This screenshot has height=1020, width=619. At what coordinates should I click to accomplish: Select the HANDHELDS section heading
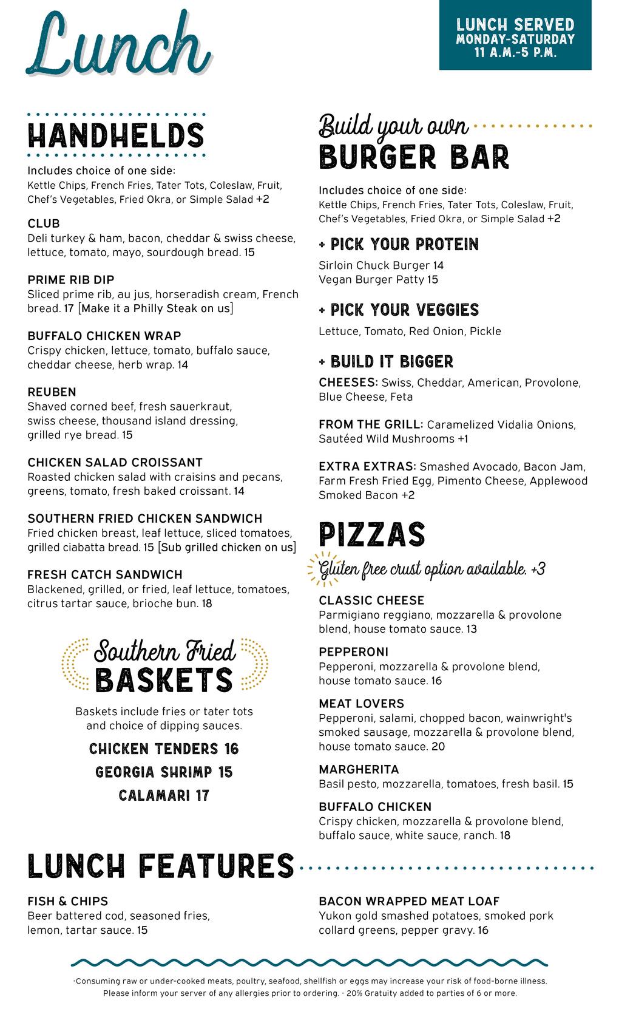116,135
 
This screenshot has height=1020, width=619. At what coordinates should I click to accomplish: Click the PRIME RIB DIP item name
71,280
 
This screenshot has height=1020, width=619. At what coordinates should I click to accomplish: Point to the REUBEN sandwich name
52,392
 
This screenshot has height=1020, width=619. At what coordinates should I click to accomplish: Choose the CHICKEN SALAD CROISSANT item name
115,463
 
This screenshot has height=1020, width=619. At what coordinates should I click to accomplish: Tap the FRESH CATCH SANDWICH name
105,575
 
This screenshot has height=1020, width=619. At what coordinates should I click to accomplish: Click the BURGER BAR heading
414,157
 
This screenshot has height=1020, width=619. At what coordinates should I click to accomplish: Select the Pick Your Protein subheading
399,245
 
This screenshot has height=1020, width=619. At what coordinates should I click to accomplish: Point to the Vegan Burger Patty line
378,280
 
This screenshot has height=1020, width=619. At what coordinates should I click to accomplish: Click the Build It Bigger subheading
386,362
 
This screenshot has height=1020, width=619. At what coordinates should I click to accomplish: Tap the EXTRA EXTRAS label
367,467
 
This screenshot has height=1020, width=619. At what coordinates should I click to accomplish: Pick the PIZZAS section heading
372,534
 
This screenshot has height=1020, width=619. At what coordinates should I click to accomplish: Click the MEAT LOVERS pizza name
362,704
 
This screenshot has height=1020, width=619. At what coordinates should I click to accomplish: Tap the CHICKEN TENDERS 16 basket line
164,749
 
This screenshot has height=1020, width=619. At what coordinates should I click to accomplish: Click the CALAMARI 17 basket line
164,795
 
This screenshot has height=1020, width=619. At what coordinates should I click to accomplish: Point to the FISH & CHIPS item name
68,902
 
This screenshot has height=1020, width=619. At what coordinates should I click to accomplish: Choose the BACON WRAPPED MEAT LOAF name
409,902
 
